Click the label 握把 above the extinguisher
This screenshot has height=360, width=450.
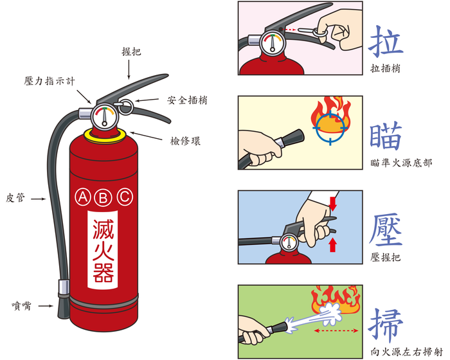pos(131,51)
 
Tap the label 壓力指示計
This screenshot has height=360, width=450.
pos(50,81)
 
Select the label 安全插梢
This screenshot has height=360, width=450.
pos(187,100)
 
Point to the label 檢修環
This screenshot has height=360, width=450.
pos(185,141)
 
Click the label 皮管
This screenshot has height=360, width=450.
pos(15,198)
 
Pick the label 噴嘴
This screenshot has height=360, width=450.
pos(21,306)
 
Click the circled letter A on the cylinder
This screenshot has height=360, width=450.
pos(83,197)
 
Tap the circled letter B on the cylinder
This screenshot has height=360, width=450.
pos(104,198)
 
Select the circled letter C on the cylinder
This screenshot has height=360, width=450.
pos(125,197)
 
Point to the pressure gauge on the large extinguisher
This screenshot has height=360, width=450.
pos(104,117)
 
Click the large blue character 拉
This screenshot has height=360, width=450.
pos(386,42)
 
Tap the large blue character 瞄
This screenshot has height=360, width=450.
pos(386,136)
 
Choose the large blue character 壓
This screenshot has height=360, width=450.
pos(386,230)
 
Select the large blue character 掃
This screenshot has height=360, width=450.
pos(386,325)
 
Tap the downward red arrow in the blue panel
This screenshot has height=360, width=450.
pos(332,204)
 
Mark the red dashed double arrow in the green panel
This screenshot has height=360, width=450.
pos(336,330)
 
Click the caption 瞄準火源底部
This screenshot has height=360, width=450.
pos(401,163)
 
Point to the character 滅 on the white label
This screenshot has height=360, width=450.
pos(103,230)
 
